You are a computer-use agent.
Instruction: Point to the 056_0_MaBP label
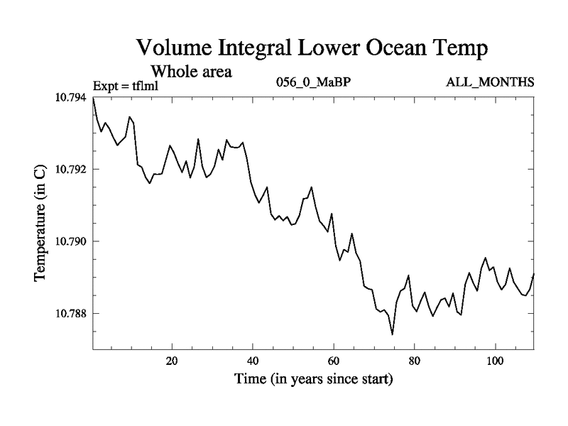coord(312,83)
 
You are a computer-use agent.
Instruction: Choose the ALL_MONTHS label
coord(490,83)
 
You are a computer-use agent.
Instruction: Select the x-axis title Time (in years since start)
coord(313,380)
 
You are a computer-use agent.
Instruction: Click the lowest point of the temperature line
coord(392,334)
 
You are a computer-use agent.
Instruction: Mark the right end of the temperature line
coord(533,274)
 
